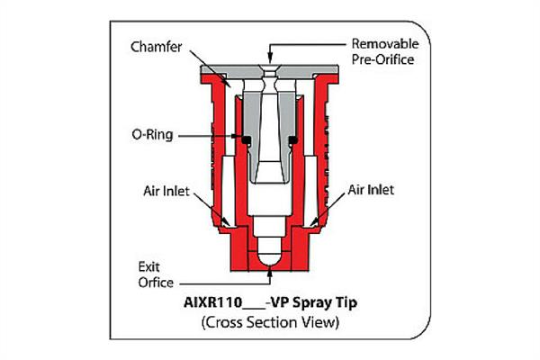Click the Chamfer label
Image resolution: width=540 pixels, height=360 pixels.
[x=157, y=47]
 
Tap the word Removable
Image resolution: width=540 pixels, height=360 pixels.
[x=385, y=44]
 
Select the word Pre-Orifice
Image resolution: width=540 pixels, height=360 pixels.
[x=382, y=59]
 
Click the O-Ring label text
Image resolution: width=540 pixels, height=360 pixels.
[x=152, y=134]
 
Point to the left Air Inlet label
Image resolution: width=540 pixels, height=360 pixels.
[x=166, y=191]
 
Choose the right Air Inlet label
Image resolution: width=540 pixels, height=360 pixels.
[x=371, y=190]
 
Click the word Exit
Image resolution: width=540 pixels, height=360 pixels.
[x=148, y=267]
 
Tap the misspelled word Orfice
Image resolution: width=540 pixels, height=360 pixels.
[x=156, y=283]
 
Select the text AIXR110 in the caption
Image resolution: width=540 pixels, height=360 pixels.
[x=213, y=302]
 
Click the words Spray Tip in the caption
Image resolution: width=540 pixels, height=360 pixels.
[x=325, y=303]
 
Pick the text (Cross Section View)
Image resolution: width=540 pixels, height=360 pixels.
[x=270, y=322]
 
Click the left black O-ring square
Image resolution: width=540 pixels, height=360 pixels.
[x=247, y=139]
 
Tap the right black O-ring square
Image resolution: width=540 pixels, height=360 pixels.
[x=292, y=139]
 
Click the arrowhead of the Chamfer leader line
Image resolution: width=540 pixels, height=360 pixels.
[x=228, y=83]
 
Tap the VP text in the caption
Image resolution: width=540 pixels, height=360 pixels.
[x=279, y=302]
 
